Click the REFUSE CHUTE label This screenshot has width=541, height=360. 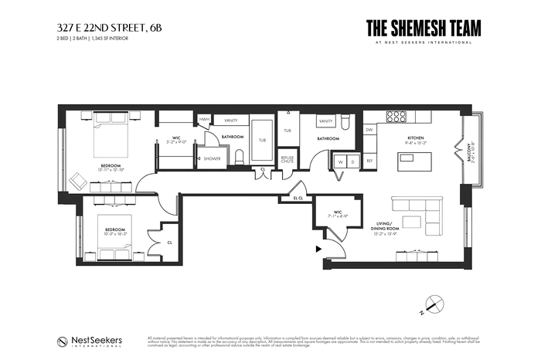pos(288,160)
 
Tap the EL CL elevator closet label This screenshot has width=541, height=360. pos(298,198)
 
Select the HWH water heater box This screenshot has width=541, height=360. pos(204,119)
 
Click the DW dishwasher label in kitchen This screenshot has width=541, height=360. pos(369,130)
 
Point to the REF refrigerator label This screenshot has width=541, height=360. pos(369,161)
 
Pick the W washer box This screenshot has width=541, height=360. pos(339,161)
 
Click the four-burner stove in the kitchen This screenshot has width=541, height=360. pos(396,117)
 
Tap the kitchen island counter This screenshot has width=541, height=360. pos(414,162)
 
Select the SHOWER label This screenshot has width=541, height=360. pos(213,158)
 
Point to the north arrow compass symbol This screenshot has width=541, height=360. pos(435,305)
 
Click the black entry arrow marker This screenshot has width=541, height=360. pos(317,249)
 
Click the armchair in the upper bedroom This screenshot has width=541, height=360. pos(79,181)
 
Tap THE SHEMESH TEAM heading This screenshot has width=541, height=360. pos(424,28)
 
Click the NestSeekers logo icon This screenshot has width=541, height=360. pos(62,341)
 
